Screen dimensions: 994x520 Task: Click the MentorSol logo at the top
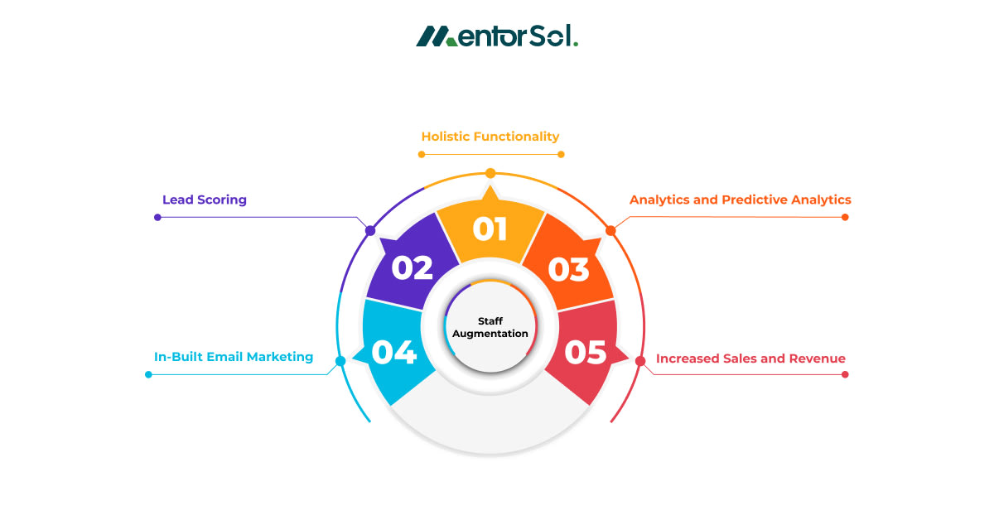point(496,36)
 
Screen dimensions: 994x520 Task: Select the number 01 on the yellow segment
point(490,229)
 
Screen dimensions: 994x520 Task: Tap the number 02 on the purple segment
point(413,267)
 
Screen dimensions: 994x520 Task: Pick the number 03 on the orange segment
point(568,268)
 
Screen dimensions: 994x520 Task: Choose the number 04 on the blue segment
point(393,352)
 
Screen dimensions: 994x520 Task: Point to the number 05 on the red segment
point(586,352)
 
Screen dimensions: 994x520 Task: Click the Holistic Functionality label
point(490,137)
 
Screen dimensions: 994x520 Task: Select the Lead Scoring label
point(205,200)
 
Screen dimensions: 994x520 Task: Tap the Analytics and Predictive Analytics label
point(740,200)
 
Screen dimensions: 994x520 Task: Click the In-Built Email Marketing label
point(234,357)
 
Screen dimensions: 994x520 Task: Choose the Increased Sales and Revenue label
point(750,359)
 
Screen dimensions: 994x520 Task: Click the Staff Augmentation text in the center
point(490,327)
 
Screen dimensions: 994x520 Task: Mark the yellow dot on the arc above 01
point(490,173)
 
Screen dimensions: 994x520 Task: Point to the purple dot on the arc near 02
point(370,230)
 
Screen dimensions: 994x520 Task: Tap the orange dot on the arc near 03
point(610,230)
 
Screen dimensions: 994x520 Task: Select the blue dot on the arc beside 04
point(340,361)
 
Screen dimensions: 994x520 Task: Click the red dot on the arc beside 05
point(640,361)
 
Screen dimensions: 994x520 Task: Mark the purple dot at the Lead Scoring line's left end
point(157,217)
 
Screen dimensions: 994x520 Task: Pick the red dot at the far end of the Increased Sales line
point(845,374)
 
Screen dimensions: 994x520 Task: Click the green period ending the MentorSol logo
point(576,44)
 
